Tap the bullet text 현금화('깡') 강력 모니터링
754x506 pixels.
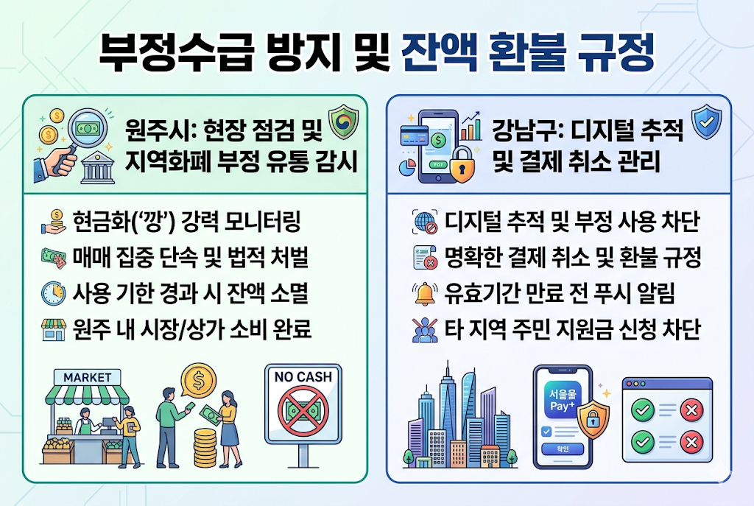(x=186, y=222)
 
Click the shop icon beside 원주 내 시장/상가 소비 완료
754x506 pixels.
(x=53, y=329)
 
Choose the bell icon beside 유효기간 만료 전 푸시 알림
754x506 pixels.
(x=426, y=293)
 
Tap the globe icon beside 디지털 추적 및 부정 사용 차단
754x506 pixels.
(x=426, y=222)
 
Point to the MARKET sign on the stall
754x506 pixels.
(x=87, y=377)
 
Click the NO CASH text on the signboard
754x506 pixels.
(x=303, y=377)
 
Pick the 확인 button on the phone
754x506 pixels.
(x=562, y=449)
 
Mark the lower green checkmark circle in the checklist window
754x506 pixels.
(x=643, y=442)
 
